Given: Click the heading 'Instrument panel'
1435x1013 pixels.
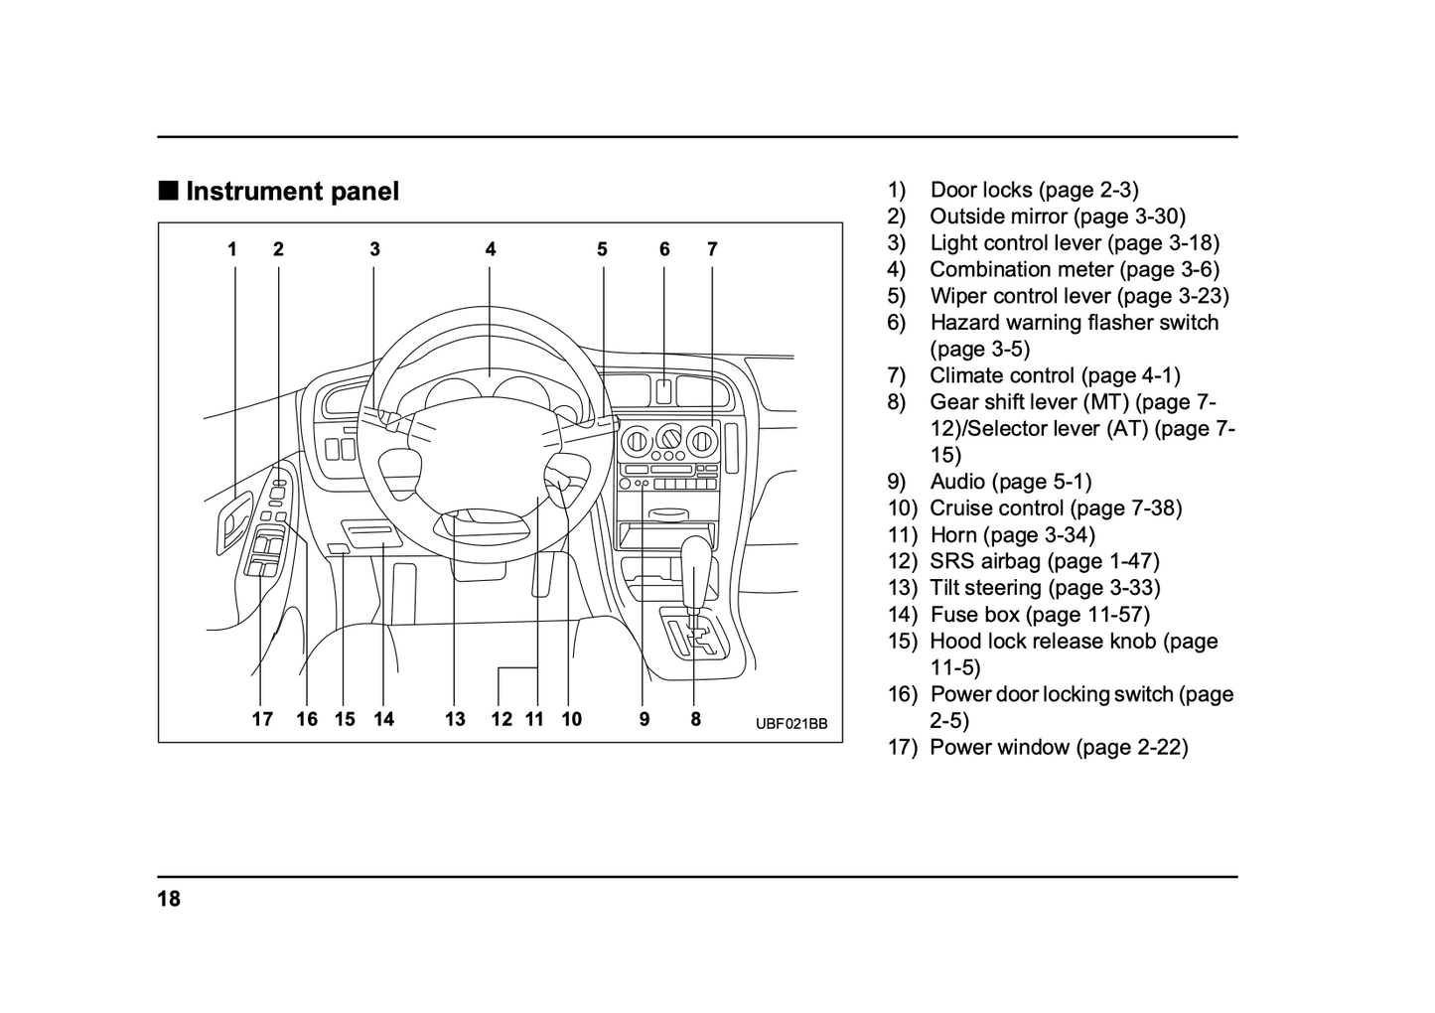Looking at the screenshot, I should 292,192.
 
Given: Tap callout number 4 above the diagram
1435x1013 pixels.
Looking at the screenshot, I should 491,249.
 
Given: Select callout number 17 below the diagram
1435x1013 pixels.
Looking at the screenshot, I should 262,719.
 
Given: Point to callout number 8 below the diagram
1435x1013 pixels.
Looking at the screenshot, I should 695,719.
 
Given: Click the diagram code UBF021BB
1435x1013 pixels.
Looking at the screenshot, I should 790,723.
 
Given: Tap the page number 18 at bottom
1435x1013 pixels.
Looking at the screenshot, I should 169,900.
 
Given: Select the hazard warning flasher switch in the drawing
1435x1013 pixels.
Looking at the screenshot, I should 663,389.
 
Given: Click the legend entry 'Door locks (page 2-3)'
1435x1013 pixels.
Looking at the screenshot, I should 1033,190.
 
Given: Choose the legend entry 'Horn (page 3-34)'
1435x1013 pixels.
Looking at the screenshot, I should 1012,535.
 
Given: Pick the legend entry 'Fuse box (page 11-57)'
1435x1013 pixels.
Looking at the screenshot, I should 1039,615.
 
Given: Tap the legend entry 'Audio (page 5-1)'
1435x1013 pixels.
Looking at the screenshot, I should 1010,482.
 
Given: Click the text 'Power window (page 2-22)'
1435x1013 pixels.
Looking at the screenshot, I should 1059,748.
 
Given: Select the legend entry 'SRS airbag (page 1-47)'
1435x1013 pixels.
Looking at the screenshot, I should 1044,561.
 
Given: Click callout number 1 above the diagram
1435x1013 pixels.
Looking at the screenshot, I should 232,249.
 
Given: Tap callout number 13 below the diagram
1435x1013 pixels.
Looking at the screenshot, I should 455,719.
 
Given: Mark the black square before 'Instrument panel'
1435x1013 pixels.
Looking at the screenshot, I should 169,191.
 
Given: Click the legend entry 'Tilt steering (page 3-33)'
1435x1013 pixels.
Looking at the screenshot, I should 1045,588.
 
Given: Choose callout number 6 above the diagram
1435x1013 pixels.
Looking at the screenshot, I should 664,249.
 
